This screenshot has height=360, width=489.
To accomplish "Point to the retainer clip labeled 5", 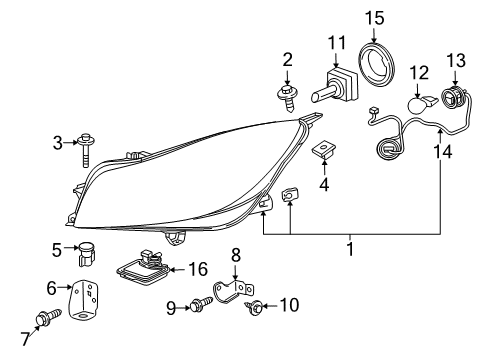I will [x=87, y=253].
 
